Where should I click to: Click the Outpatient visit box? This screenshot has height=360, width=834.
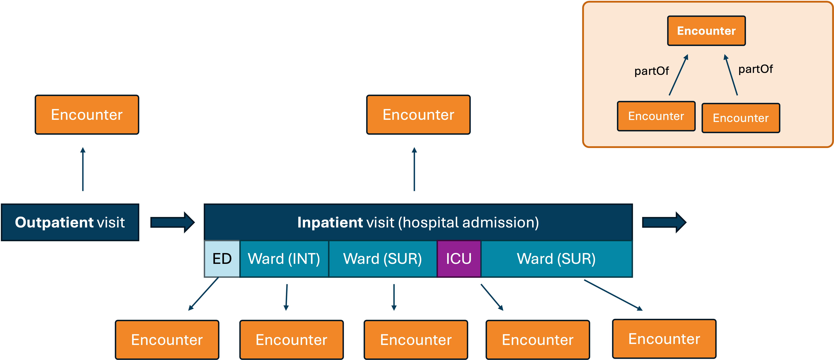coord(70,222)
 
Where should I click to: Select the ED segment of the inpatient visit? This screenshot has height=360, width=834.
coord(222,259)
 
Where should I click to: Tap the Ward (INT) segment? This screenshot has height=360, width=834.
coord(284,259)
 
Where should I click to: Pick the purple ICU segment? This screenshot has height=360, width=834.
coord(459,259)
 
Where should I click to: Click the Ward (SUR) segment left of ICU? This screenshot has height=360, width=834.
coord(382,259)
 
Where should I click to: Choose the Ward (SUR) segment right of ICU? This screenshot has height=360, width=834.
coord(556,259)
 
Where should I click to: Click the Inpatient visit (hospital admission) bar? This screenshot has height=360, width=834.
coord(418,222)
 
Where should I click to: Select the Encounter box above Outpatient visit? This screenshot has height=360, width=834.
coord(87,115)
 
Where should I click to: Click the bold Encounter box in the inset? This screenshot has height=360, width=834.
coord(706,31)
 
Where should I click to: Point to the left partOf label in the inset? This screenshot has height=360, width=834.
coord(651,71)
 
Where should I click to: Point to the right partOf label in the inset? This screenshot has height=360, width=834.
coord(755,69)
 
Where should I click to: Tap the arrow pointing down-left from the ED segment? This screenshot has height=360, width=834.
coord(204,294)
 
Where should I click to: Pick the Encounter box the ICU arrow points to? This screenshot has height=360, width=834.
coord(537,340)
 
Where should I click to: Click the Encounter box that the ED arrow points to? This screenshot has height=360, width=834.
coord(167,340)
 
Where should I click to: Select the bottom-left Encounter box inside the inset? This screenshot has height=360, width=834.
coord(656,116)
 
